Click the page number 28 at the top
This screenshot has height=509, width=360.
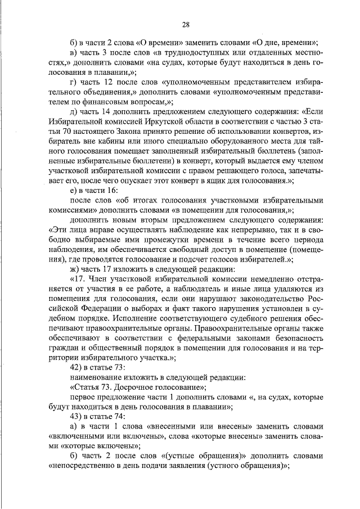click(x=186, y=24)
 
